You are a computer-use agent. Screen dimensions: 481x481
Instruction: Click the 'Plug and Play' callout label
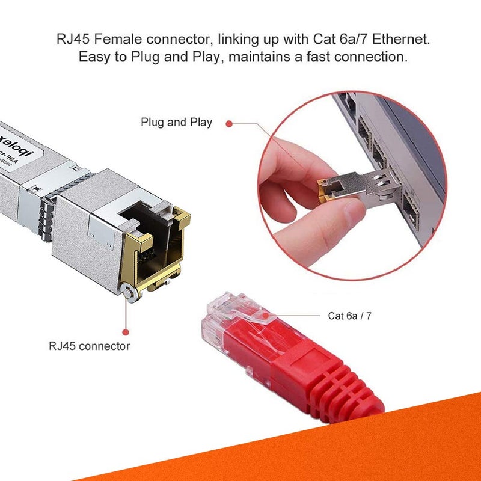pyautogui.click(x=176, y=122)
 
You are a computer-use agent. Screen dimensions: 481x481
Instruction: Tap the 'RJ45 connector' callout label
pyautogui.click(x=89, y=346)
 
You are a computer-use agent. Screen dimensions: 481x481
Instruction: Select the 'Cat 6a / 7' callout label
pyautogui.click(x=353, y=315)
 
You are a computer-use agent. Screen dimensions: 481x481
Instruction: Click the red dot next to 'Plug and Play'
pyautogui.click(x=228, y=123)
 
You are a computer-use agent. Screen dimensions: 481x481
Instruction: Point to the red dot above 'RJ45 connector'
pyautogui.click(x=126, y=331)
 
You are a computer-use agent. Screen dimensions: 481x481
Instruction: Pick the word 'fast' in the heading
pyautogui.click(x=321, y=58)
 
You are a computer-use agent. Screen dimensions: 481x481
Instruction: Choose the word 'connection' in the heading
pyautogui.click(x=374, y=58)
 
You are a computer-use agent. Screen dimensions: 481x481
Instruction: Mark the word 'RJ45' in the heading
pyautogui.click(x=72, y=41)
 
